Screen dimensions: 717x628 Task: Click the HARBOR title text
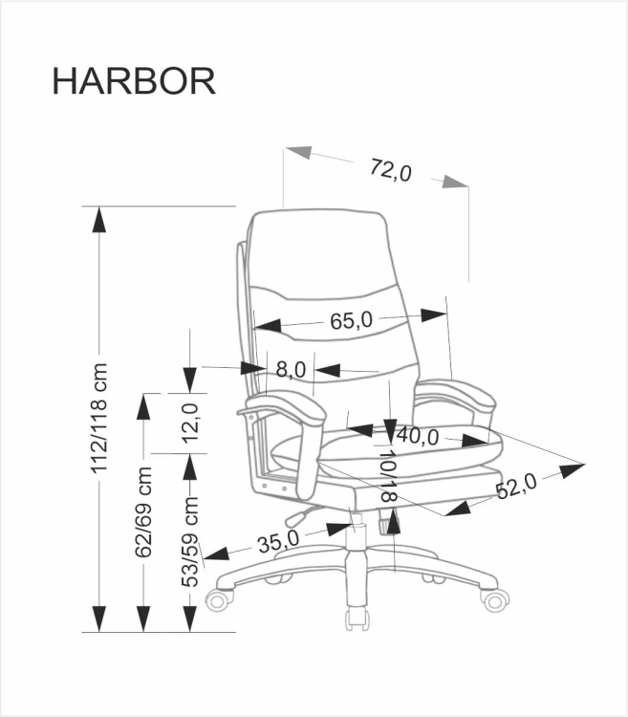(133, 82)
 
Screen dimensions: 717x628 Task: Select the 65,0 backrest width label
(351, 320)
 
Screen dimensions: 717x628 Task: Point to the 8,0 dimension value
(290, 368)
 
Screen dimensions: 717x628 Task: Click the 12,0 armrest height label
(190, 422)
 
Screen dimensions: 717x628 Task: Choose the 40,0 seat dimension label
(418, 436)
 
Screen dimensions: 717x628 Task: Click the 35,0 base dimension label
(278, 541)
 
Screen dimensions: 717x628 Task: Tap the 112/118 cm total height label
(97, 420)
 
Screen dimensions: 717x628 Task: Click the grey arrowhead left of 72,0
(299, 154)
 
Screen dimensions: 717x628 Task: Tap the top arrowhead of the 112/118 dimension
(97, 219)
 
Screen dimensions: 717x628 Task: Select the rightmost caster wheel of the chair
(496, 600)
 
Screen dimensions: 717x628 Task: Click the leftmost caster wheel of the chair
(219, 599)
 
